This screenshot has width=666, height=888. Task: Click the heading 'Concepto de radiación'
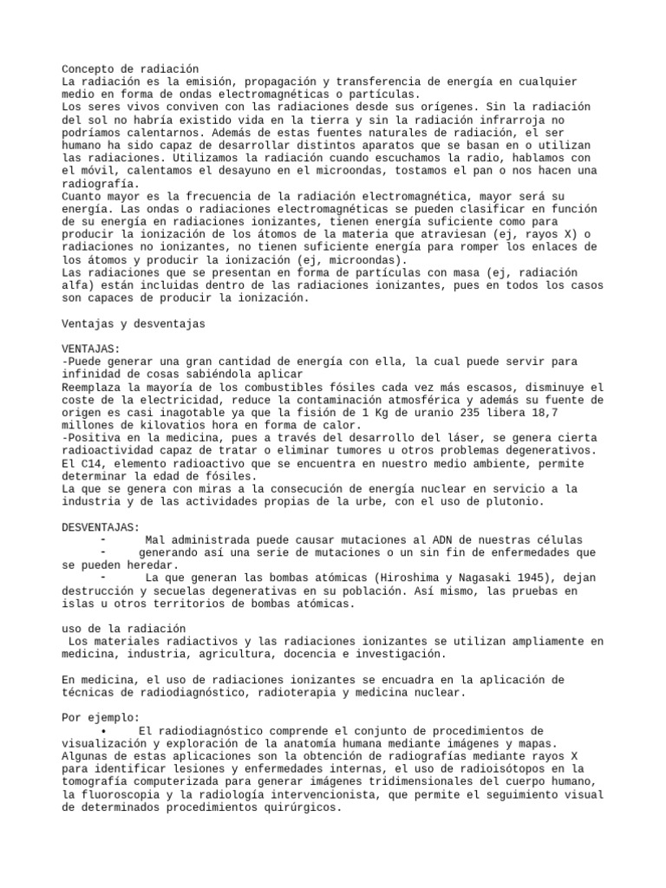[x=131, y=69]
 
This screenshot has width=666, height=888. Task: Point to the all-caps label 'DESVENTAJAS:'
[x=101, y=527]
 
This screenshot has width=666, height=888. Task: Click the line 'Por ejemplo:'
[x=101, y=718]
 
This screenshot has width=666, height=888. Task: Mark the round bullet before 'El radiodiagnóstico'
[x=103, y=731]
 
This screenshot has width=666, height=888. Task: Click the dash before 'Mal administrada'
[x=103, y=539]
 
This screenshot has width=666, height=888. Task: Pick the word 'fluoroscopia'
[x=124, y=794]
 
